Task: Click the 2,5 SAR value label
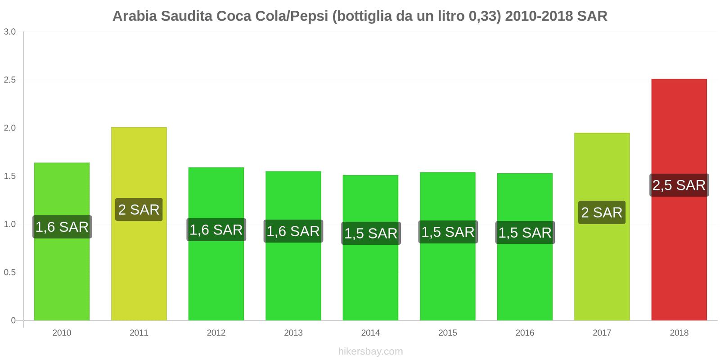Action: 679,185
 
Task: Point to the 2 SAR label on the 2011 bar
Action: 139,210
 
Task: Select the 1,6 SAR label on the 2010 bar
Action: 62,227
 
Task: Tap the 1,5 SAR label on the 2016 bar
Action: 525,233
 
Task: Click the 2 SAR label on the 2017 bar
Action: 602,212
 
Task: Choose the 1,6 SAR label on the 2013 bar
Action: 293,231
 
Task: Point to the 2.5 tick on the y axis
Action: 10,80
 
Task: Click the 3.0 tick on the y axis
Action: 10,31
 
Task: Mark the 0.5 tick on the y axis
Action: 10,272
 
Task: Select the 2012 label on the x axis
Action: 216,333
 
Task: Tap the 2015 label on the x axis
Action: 447,333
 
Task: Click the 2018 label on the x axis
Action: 679,333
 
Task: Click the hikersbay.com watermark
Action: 370,351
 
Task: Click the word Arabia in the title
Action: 135,16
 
